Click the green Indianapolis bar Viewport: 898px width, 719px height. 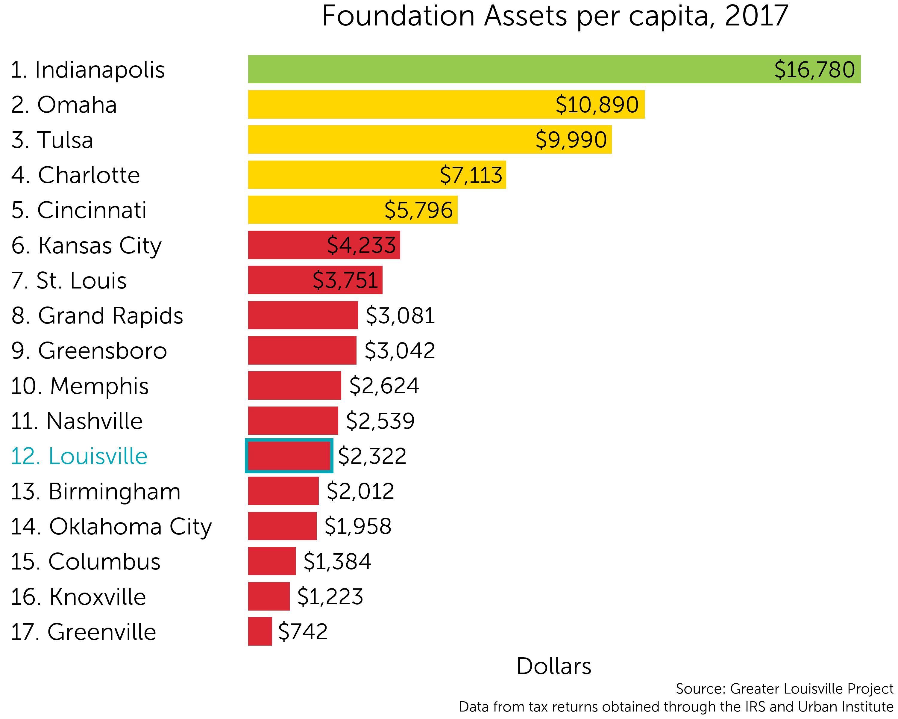tap(554, 69)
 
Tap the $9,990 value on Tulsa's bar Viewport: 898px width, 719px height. tap(571, 140)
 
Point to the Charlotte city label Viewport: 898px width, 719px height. tap(76, 175)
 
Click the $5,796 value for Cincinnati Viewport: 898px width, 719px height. tap(418, 210)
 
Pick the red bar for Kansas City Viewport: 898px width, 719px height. tap(324, 245)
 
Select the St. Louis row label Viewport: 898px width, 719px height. tap(69, 280)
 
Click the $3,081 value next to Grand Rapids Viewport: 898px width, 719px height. tap(400, 315)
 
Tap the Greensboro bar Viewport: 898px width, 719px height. tap(302, 351)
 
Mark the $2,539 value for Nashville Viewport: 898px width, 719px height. tap(380, 421)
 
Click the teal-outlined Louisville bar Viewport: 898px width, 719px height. tap(289, 456)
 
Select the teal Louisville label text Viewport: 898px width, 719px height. tap(79, 456)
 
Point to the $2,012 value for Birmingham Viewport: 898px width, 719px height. tap(360, 491)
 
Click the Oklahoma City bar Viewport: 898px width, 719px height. tap(282, 526)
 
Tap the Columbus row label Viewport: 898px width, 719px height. tap(85, 561)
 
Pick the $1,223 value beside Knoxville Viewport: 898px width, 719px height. tap(330, 596)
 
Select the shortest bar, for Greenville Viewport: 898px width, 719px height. tap(260, 632)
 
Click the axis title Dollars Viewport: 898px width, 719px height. tap(554, 666)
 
